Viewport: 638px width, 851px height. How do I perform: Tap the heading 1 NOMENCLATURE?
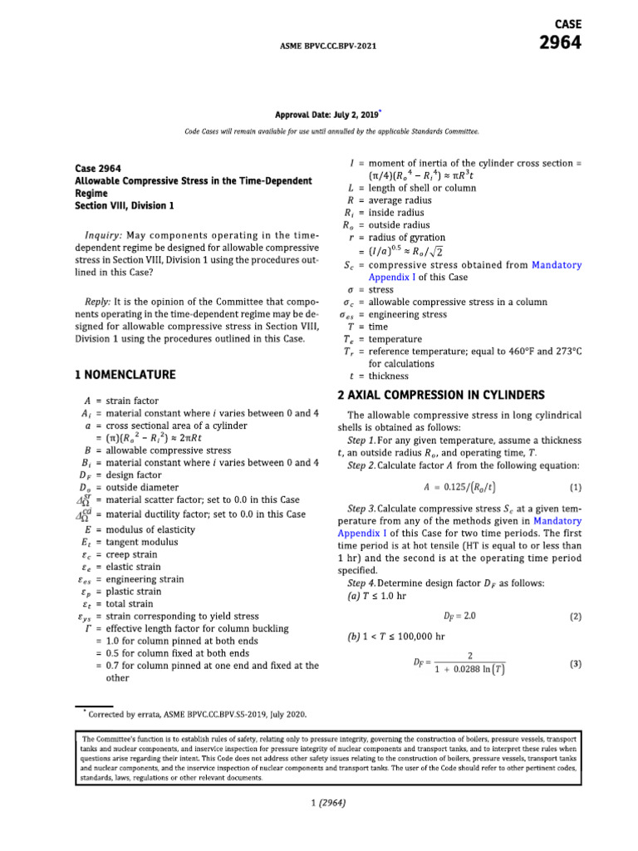125,375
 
